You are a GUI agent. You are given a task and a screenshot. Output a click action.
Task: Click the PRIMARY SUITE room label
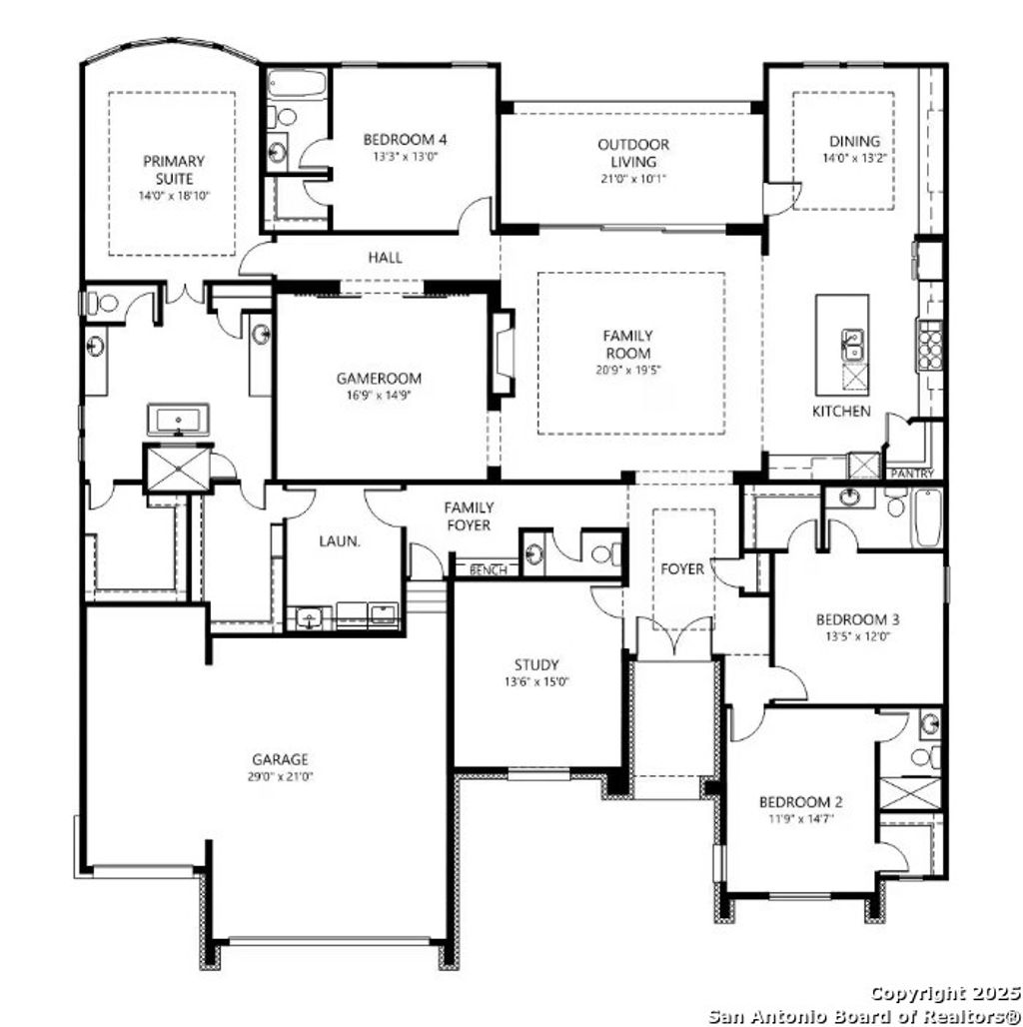(173, 169)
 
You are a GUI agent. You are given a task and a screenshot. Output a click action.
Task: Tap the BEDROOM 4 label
(405, 139)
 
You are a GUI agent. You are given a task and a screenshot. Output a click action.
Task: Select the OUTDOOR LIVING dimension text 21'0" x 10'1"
(633, 178)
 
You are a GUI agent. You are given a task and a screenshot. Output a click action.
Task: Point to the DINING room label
(854, 141)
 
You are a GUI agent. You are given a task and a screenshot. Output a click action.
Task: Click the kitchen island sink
(853, 344)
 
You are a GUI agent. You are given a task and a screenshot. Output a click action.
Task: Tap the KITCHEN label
(840, 411)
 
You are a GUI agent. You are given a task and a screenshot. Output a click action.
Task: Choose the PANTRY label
(910, 473)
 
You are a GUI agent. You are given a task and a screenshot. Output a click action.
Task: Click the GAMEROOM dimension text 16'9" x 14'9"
(379, 395)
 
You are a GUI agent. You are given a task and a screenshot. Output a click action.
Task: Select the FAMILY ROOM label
(627, 345)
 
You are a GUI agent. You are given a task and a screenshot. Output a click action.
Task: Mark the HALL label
(385, 258)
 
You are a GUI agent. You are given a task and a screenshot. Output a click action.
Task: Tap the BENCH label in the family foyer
(489, 570)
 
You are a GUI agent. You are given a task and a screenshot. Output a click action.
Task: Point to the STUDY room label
(536, 664)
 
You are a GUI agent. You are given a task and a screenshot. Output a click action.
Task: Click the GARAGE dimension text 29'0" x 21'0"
(280, 775)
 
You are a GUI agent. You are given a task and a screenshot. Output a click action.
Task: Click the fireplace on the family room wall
(501, 358)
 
